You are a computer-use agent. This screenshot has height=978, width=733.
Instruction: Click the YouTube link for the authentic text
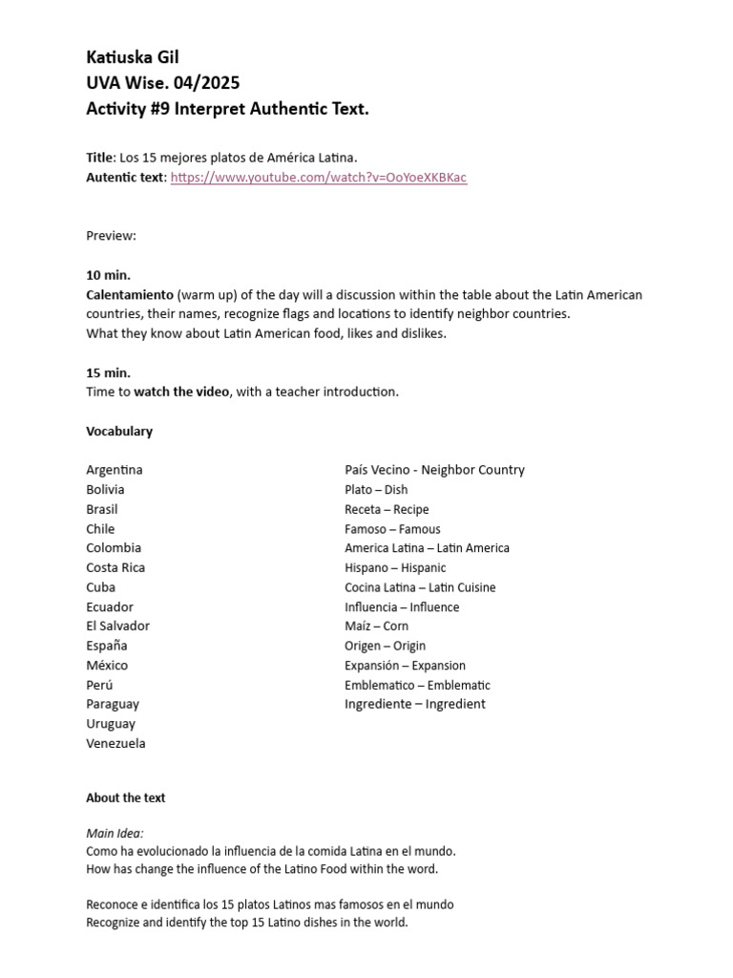[x=319, y=178]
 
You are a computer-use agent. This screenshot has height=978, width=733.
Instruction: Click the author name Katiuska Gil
[x=133, y=58]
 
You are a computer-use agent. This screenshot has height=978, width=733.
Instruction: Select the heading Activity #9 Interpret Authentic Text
[x=227, y=109]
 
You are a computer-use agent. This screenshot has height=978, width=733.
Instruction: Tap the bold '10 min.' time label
[x=109, y=275]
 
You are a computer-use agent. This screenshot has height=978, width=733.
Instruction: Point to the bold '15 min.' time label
[x=109, y=372]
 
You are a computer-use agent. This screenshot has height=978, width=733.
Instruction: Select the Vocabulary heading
[x=119, y=431]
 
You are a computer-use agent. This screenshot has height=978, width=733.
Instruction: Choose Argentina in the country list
[x=115, y=470]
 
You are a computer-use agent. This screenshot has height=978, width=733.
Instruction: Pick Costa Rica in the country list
[x=115, y=567]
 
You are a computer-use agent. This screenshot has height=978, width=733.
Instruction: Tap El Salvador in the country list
[x=117, y=626]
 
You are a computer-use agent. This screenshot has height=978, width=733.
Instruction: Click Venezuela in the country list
[x=115, y=743]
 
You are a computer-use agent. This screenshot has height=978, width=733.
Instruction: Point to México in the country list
[x=107, y=665]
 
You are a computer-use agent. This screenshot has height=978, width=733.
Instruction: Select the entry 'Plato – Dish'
[x=376, y=490]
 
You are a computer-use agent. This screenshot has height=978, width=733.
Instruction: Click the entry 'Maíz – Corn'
[x=376, y=626]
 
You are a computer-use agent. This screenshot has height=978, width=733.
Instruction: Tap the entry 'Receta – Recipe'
[x=387, y=509]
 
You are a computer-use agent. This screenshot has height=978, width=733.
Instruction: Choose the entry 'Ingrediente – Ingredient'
[x=414, y=704]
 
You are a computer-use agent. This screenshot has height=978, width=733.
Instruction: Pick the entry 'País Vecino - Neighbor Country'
[x=434, y=470]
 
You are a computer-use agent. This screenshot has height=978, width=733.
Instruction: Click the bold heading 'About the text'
[x=125, y=797]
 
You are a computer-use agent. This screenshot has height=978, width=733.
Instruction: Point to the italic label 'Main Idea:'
[x=115, y=833]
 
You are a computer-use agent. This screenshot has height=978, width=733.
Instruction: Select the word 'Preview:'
[x=111, y=235]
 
